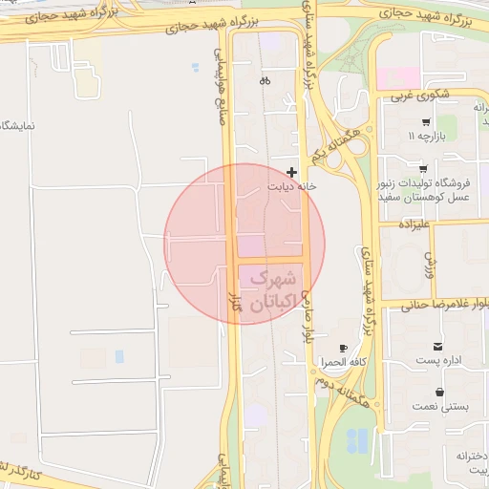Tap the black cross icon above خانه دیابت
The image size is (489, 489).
click(x=291, y=172)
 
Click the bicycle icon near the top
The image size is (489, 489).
click(x=265, y=81)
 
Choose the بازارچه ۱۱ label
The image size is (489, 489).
click(x=426, y=137)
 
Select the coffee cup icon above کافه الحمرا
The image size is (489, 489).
click(x=317, y=349)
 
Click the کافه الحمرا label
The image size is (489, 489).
click(x=345, y=363)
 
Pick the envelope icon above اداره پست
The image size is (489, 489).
click(x=437, y=346)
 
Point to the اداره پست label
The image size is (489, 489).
click(x=438, y=360)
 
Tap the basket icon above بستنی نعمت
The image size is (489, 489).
click(x=438, y=392)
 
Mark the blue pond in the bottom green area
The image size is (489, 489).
click(x=356, y=440)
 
